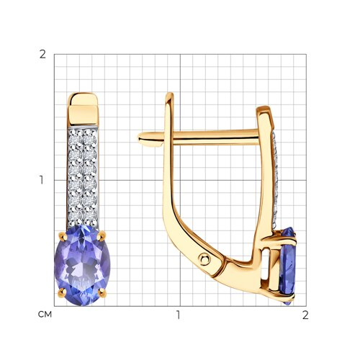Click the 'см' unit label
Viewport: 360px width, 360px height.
pos(45,315)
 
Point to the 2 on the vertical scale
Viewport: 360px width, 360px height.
pos(42,55)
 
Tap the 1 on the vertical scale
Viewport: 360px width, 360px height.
pos(42,180)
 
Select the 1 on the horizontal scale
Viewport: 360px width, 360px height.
pos(178,315)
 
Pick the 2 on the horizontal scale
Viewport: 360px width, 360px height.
pos(305,315)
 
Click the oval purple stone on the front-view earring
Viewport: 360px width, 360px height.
pos(82,265)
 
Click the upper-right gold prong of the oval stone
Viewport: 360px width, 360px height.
pos(102,235)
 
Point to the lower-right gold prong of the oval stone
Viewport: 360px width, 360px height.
pos(102,293)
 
